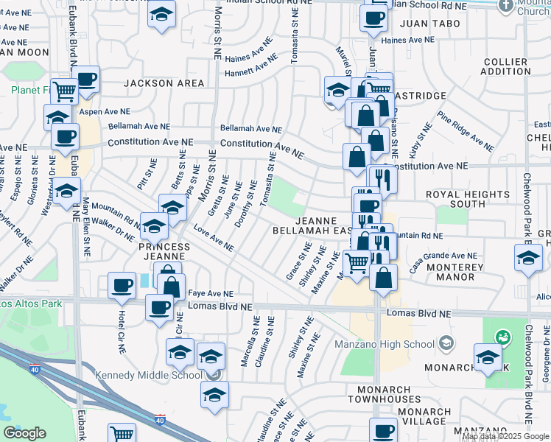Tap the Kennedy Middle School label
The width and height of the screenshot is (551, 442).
point(148,375)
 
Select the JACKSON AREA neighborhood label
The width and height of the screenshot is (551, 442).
point(164,83)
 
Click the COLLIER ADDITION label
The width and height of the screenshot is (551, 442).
point(504,66)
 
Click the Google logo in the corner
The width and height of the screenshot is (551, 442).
point(25,432)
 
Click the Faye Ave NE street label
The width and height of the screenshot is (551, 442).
point(211,293)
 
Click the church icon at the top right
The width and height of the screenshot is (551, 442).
point(505,5)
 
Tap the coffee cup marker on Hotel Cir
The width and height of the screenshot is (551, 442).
point(122,285)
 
